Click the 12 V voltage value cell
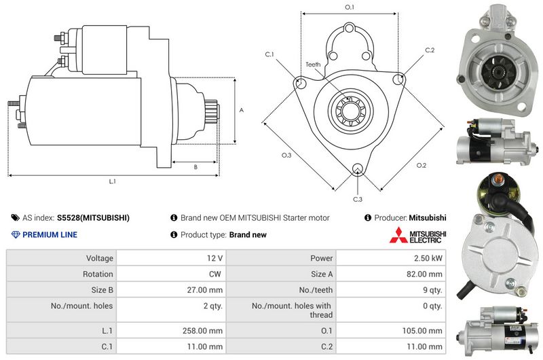click(x=214, y=258)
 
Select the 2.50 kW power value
click(x=428, y=258)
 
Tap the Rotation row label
click(x=98, y=274)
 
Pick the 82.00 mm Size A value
click(x=424, y=274)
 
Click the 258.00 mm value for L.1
click(x=202, y=331)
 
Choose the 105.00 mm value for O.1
click(x=422, y=331)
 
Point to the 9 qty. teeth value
click(x=432, y=290)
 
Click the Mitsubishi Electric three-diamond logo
click(x=398, y=235)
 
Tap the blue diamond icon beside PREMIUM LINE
click(x=16, y=234)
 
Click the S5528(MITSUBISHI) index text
click(x=93, y=217)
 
